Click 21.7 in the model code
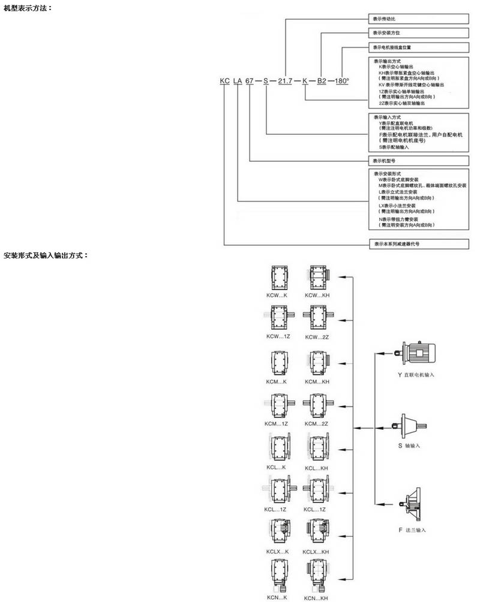284,80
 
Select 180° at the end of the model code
341,80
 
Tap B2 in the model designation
322,80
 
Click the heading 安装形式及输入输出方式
46,255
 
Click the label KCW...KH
317,296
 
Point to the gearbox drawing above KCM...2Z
317,406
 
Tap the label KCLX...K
277,551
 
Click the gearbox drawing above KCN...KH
317,576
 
